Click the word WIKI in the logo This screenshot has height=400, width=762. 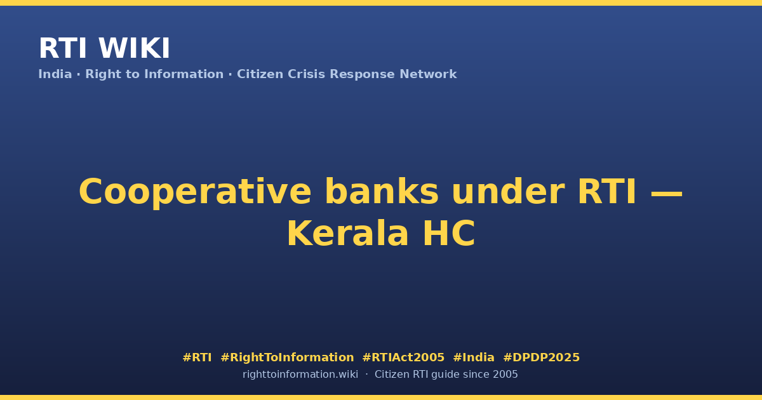134,48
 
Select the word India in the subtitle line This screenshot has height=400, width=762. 55,74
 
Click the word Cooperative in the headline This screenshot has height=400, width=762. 195,192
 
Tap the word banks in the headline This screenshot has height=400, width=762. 382,192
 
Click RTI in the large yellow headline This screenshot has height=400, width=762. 607,192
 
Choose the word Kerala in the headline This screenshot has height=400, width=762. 347,234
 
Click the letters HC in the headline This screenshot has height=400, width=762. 449,234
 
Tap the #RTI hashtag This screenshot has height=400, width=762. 197,357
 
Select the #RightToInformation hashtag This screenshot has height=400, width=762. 287,357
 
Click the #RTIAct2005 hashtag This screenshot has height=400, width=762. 403,357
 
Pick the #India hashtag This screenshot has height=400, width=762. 474,357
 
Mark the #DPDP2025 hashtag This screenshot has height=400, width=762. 541,357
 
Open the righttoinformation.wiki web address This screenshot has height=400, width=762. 300,375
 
